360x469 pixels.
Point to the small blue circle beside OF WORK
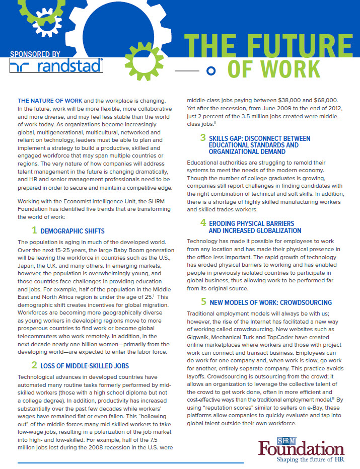(x=212, y=70)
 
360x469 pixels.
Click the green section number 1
(x=34, y=230)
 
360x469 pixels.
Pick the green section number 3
(x=203, y=137)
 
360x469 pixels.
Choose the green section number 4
(x=203, y=222)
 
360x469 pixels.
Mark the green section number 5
(x=203, y=302)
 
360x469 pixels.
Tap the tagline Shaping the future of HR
(x=301, y=459)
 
